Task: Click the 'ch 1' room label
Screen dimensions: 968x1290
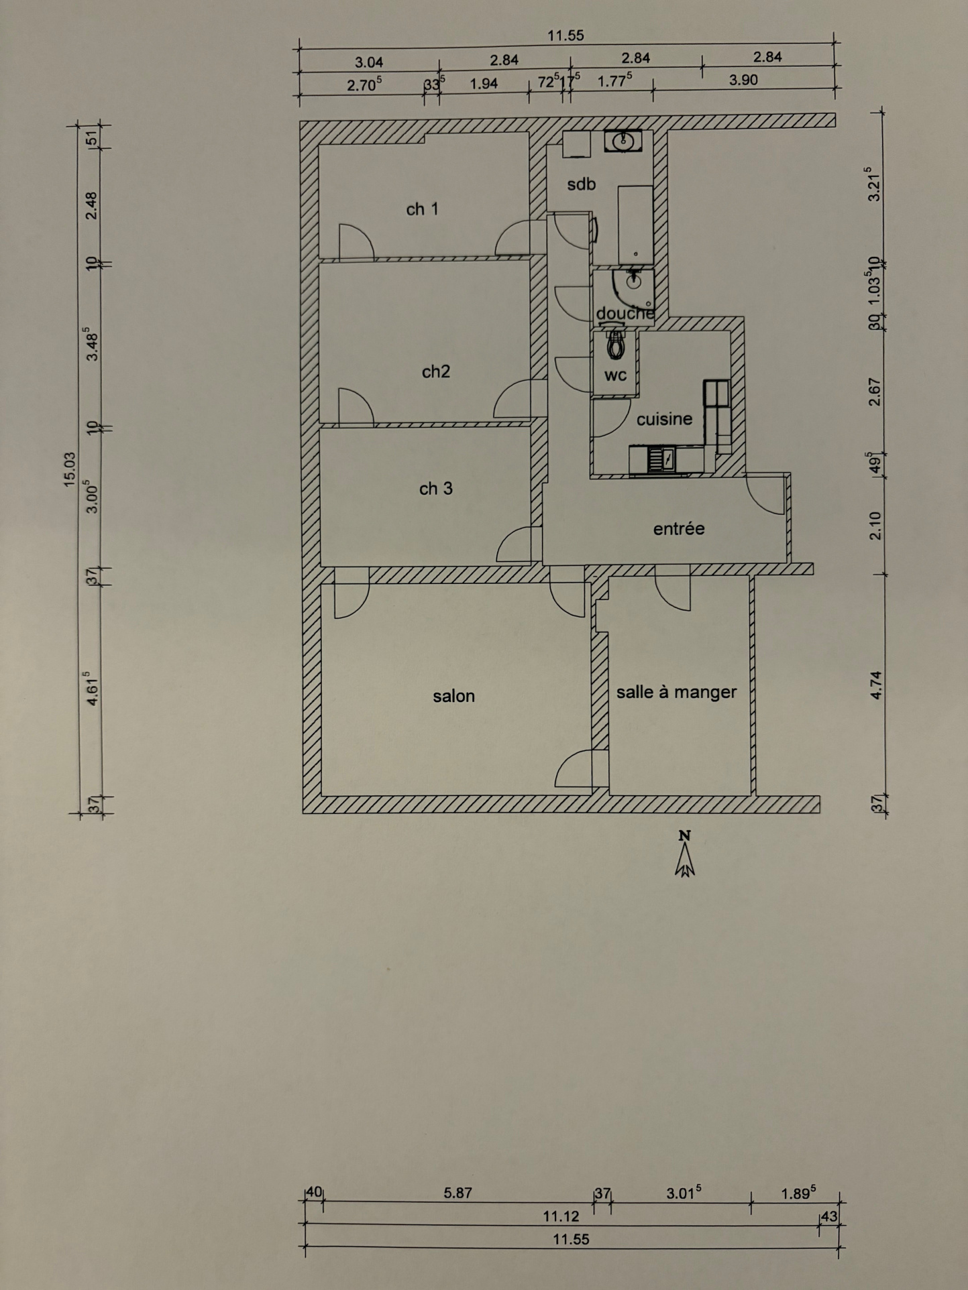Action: (422, 209)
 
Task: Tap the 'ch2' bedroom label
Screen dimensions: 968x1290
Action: (435, 371)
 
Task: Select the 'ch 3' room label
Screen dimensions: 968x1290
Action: (435, 489)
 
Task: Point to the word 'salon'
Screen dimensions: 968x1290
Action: (453, 696)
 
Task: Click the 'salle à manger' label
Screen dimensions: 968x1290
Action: (676, 692)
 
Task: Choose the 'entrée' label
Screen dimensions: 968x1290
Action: (679, 528)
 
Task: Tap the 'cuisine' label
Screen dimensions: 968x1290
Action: (664, 419)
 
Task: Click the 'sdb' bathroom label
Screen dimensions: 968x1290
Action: (581, 184)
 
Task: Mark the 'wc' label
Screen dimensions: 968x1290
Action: (615, 375)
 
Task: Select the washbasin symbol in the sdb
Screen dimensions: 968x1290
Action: (623, 141)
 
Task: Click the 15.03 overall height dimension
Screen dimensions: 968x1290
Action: (70, 469)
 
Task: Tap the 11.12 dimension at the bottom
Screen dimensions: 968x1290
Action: (561, 1216)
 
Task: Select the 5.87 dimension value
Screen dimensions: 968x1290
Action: (458, 1193)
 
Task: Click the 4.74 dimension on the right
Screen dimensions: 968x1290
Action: (875, 685)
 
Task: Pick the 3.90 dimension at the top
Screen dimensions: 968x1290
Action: (743, 80)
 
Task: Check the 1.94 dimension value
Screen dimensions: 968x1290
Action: (484, 84)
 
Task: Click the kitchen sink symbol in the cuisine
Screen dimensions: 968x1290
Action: (661, 460)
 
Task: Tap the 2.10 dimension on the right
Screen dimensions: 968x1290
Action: (875, 525)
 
